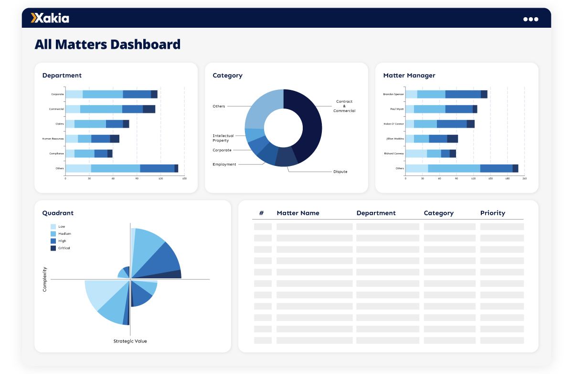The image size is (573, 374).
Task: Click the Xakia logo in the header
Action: pyautogui.click(x=50, y=18)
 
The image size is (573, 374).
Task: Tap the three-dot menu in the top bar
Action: pyautogui.click(x=531, y=19)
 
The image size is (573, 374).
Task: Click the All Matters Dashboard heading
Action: pyautogui.click(x=107, y=44)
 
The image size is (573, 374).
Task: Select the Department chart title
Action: pyautogui.click(x=62, y=76)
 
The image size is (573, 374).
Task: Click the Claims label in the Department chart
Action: pyautogui.click(x=59, y=124)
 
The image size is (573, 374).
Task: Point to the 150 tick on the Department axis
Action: pyautogui.click(x=184, y=178)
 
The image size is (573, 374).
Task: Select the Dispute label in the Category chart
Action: pyautogui.click(x=340, y=172)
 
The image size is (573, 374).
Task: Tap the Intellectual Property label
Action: pyautogui.click(x=223, y=138)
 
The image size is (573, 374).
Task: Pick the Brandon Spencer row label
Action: pyautogui.click(x=393, y=94)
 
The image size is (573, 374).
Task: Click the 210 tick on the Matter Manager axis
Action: pyautogui.click(x=524, y=178)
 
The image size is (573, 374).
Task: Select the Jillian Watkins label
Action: pyautogui.click(x=395, y=139)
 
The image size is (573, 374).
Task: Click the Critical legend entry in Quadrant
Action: pyautogui.click(x=64, y=248)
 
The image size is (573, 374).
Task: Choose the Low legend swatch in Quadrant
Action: pyautogui.click(x=53, y=227)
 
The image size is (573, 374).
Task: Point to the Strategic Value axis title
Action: pyautogui.click(x=130, y=341)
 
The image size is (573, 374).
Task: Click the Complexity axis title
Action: pyautogui.click(x=45, y=279)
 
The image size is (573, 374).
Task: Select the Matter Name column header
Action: pyautogui.click(x=298, y=213)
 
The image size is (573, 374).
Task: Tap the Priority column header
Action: pyautogui.click(x=492, y=213)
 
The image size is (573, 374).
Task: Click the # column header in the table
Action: pyautogui.click(x=261, y=213)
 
